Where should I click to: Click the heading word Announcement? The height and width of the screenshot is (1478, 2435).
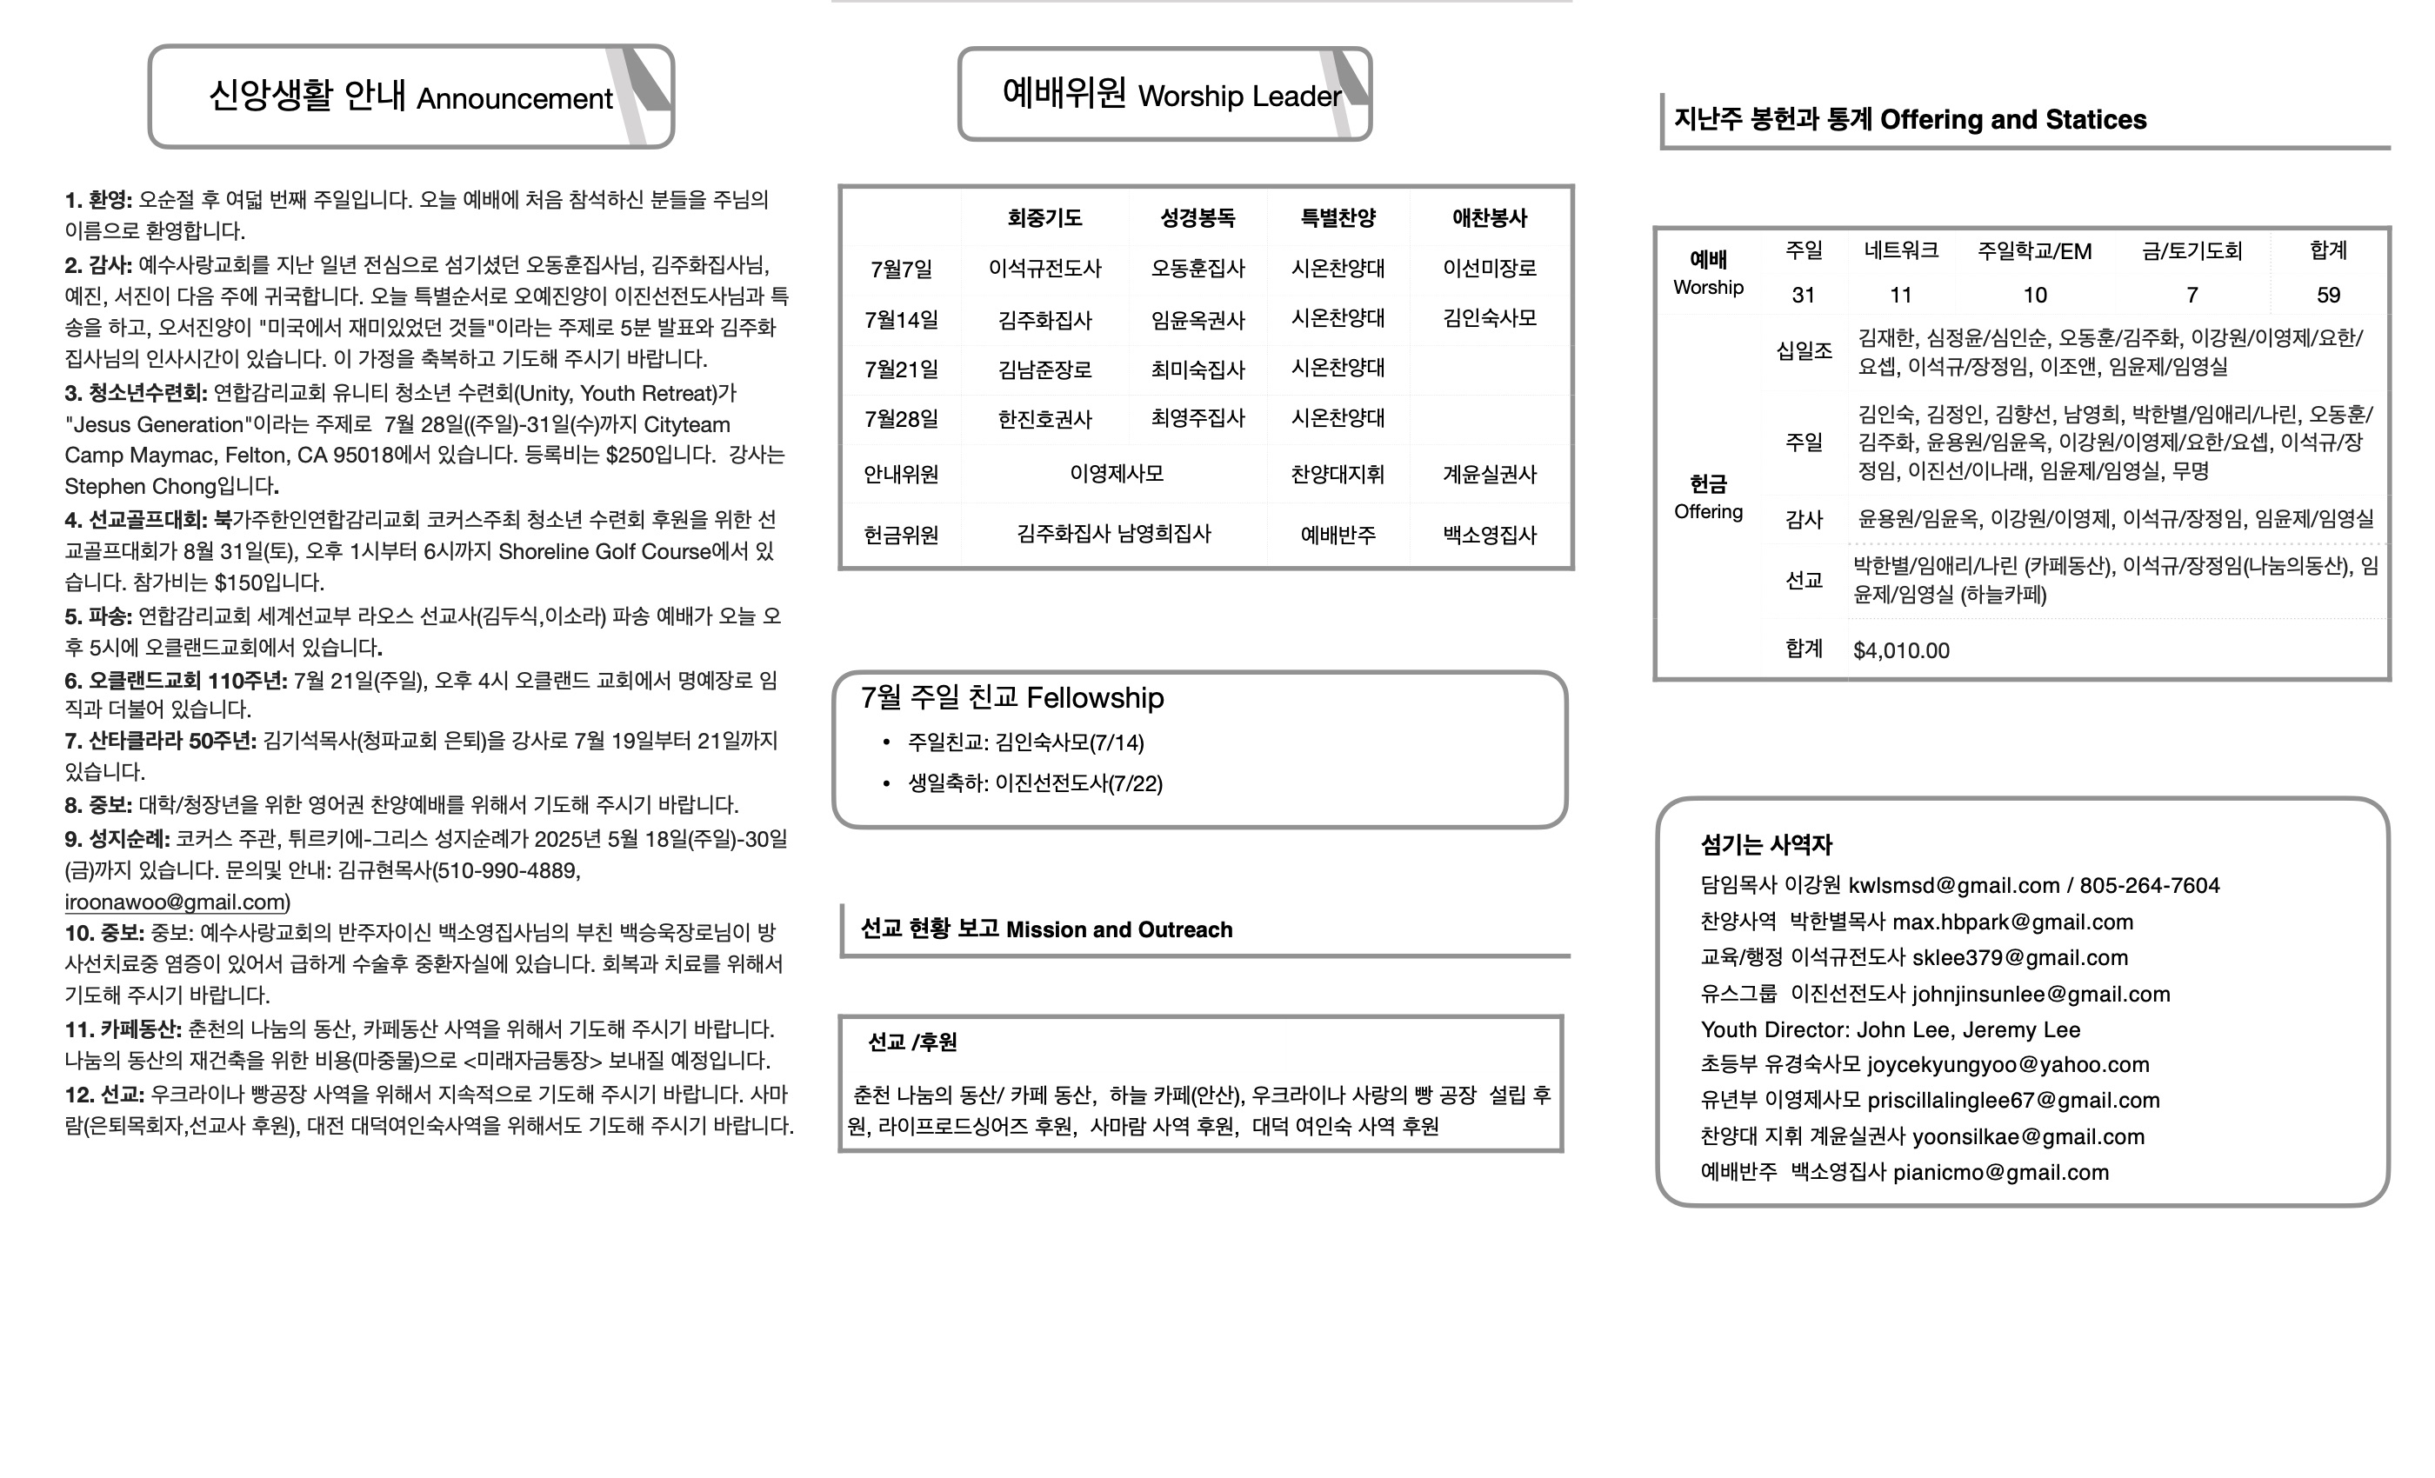514,99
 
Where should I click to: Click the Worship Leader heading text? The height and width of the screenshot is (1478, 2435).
1239,96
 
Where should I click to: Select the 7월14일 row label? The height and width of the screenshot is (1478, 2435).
900,319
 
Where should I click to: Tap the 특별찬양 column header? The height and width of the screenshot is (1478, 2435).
1338,217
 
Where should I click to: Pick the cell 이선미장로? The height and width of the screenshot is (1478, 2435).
1489,268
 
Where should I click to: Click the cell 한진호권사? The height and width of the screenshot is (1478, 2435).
1044,419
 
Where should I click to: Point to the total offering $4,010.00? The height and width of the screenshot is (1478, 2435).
1900,650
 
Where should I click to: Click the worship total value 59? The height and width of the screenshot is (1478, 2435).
2327,295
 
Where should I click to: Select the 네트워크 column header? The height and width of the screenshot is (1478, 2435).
1900,251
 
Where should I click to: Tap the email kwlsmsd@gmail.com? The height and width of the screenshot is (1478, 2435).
1952,885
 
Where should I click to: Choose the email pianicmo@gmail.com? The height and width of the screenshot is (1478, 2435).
2000,1173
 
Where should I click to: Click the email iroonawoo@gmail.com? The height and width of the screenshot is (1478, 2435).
176,902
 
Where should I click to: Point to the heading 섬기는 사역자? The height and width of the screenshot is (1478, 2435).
1766,845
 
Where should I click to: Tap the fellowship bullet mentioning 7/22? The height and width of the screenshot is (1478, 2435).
1035,783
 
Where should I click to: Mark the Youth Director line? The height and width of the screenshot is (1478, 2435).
1890,1029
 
